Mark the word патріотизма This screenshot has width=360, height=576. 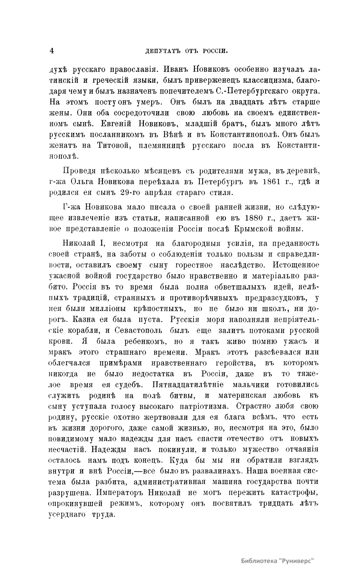point(203,406)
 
